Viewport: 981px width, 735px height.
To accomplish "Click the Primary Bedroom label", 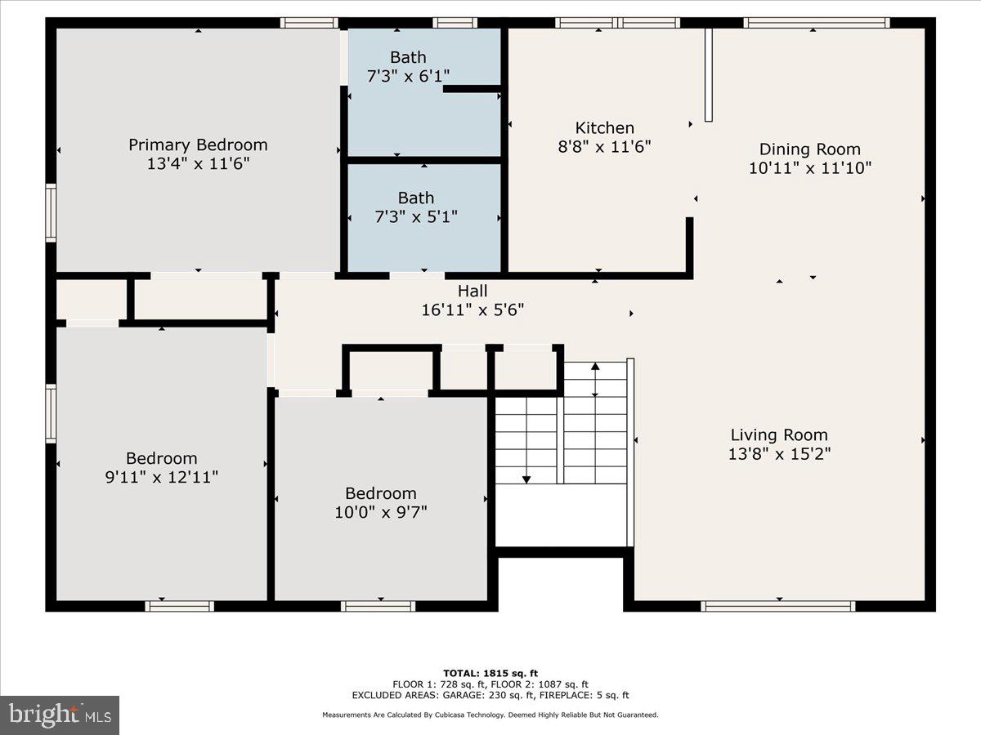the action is (198, 145).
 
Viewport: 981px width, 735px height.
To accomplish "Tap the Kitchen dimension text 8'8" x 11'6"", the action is (604, 146).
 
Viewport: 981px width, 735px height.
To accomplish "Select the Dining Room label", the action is (810, 149).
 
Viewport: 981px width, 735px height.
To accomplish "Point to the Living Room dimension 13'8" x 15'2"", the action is (779, 454).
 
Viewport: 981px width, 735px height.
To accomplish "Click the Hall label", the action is (473, 291).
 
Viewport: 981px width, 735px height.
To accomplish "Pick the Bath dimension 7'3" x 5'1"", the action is (415, 217).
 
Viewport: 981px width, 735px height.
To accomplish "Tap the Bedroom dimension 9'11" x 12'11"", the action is (161, 477).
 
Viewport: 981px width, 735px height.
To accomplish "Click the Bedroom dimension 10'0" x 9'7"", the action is (381, 512).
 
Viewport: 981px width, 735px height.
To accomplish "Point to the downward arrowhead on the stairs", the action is (526, 479).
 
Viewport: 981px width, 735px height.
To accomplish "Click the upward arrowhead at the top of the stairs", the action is (595, 366).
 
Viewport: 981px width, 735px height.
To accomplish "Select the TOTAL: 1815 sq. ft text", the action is (490, 674).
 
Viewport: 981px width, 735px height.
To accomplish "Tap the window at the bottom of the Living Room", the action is (778, 606).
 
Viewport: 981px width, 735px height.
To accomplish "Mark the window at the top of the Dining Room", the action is (817, 23).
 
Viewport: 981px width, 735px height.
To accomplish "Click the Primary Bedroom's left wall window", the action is (51, 213).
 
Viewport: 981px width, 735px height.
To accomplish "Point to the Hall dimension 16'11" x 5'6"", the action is (473, 310).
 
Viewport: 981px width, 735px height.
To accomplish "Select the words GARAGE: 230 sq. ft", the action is (489, 695).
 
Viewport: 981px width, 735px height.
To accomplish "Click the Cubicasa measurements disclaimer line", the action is (490, 715).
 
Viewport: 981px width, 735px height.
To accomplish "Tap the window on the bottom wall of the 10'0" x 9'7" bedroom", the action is (379, 606).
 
